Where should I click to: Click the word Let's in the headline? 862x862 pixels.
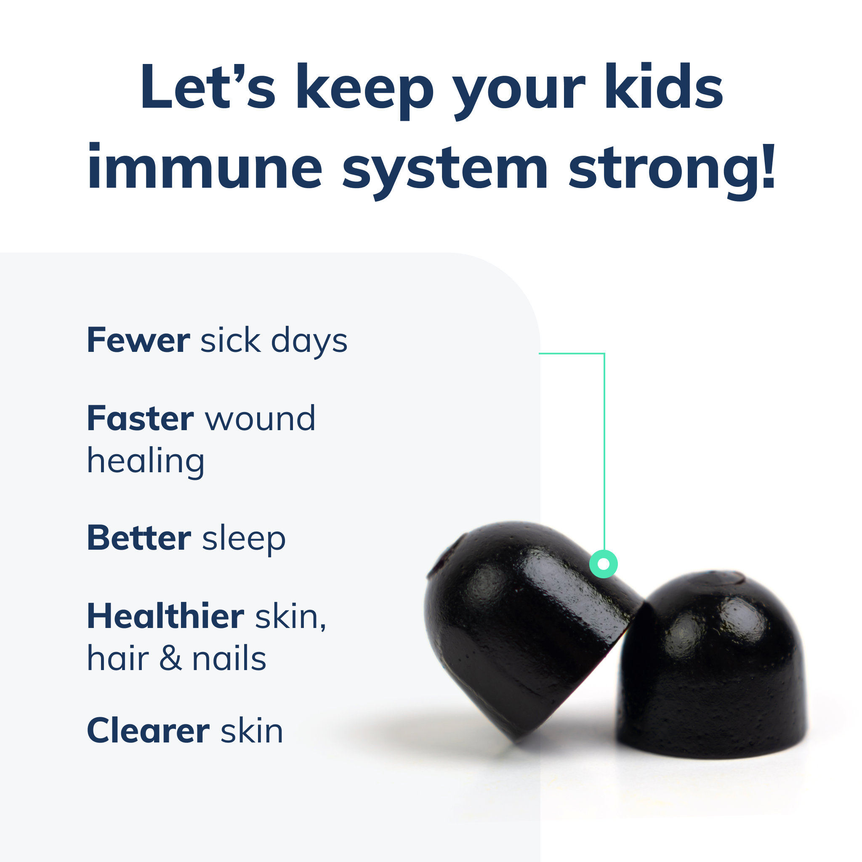click(x=208, y=87)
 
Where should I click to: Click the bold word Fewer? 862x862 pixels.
click(x=138, y=341)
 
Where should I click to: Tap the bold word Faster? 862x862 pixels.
click(x=140, y=419)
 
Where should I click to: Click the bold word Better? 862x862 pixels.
click(x=139, y=538)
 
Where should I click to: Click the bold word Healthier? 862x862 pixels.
click(x=165, y=616)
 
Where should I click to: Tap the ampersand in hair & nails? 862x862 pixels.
click(x=170, y=659)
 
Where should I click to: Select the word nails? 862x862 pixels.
click(x=229, y=659)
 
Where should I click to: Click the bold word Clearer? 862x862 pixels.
click(x=148, y=731)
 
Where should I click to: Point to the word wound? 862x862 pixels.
click(x=260, y=419)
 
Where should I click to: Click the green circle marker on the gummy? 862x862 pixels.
click(x=603, y=564)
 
